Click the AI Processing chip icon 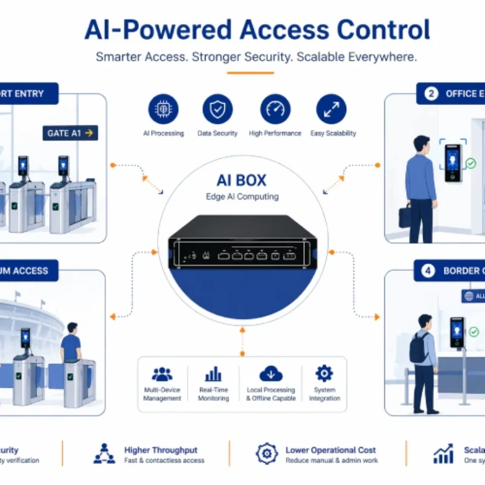[x=163, y=109]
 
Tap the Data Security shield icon [x=217, y=109]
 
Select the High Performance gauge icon [x=275, y=109]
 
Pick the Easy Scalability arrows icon [x=331, y=109]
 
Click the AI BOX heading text [x=241, y=181]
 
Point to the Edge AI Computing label [x=241, y=196]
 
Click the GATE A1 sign [x=70, y=133]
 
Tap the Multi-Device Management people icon [x=162, y=373]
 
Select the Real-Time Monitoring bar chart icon [x=213, y=373]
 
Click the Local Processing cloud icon [x=270, y=373]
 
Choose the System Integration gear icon [x=324, y=373]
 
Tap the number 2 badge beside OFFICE [x=431, y=94]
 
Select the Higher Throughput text [x=161, y=450]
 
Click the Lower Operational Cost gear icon [x=266, y=454]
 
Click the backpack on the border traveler [x=418, y=348]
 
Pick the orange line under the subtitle [x=242, y=73]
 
